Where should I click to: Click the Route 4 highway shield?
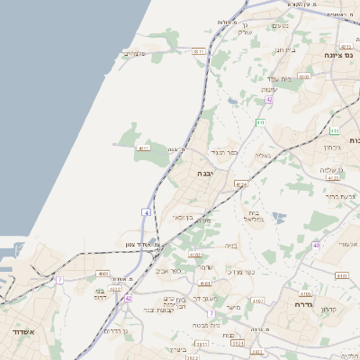(146, 211)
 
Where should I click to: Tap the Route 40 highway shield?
(316, 245)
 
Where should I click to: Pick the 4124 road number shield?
(240, 184)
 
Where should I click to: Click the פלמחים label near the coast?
(134, 54)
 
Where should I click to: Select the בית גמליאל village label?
(252, 217)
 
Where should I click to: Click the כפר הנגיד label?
(226, 153)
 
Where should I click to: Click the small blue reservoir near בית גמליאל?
(278, 216)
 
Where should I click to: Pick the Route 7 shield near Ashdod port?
(60, 280)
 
